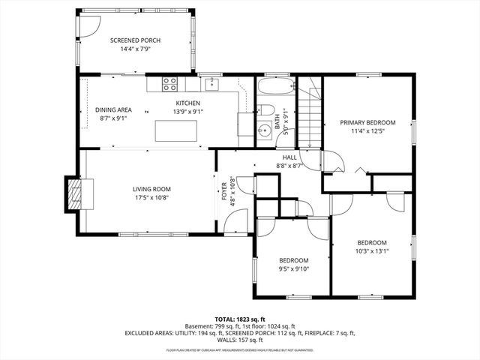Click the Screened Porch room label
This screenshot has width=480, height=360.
[x=135, y=40]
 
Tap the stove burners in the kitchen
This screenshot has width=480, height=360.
[x=170, y=83]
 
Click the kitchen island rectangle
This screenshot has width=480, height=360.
[x=176, y=130]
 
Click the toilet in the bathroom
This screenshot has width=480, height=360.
[x=266, y=110]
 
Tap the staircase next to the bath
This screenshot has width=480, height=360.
[x=309, y=112]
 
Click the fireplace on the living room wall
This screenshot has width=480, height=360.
[x=73, y=193]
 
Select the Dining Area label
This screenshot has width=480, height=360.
[x=113, y=109]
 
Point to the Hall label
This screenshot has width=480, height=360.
[x=289, y=157]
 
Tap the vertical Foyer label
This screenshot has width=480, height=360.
[x=223, y=190]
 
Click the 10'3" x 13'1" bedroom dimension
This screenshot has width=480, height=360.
[x=371, y=251]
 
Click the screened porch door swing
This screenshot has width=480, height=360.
[x=88, y=24]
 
